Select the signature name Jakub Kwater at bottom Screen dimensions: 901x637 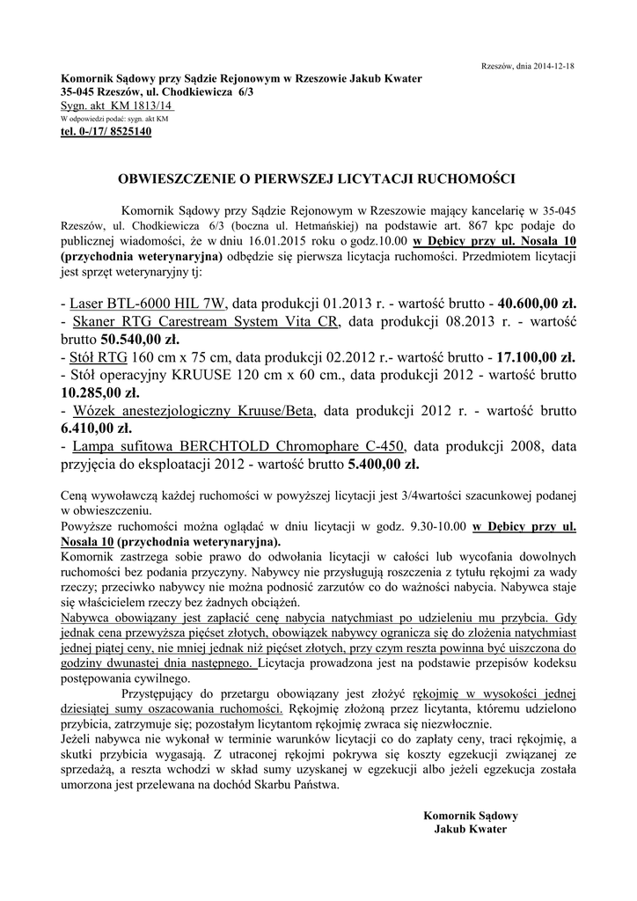(x=471, y=829)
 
